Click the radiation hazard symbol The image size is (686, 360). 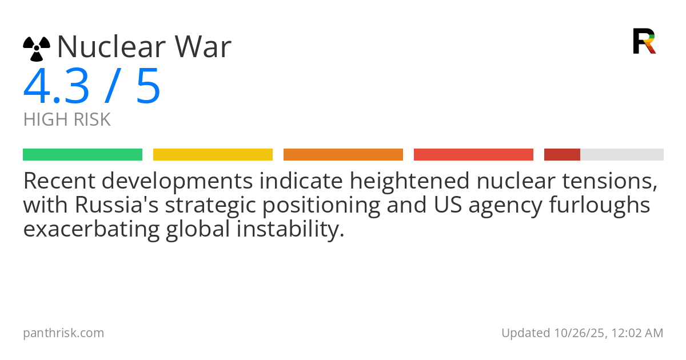tap(37, 49)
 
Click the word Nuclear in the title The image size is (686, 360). tap(112, 46)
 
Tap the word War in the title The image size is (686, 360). tap(203, 46)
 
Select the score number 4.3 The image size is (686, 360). tap(57, 86)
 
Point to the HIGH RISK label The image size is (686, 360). tap(67, 119)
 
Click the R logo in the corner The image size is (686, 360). tap(644, 41)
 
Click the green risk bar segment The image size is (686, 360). tap(83, 155)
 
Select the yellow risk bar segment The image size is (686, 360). tap(213, 155)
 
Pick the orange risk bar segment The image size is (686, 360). tap(344, 155)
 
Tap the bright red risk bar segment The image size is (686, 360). tap(473, 155)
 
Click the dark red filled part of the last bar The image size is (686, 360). tap(563, 155)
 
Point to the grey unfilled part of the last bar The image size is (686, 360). tap(622, 155)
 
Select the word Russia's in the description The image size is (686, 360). tap(117, 205)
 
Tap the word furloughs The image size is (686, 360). tap(600, 205)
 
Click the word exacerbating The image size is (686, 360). tap(91, 229)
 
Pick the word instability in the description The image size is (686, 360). tap(290, 229)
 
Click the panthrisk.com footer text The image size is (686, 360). tap(63, 333)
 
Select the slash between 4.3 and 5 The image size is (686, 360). tap(113, 86)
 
